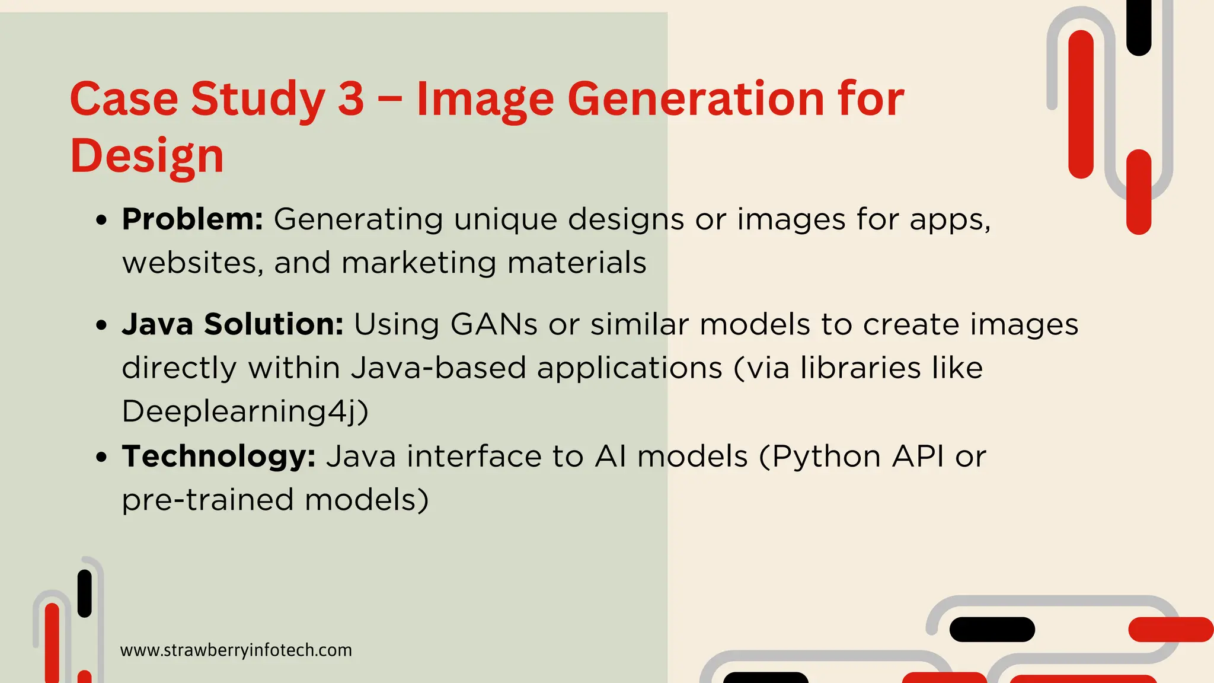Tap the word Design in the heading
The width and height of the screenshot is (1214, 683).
pos(147,155)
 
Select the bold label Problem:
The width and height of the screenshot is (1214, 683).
pos(193,219)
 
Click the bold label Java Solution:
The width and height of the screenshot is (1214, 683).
pos(232,324)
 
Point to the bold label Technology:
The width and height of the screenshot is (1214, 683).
pos(219,457)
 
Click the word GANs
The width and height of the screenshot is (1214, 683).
pos(494,324)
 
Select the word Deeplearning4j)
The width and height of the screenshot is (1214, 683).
pos(245,411)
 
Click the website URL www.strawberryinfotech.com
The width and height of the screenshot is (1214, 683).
pos(236,650)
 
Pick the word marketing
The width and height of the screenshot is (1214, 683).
pos(418,263)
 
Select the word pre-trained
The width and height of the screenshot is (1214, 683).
pos(207,500)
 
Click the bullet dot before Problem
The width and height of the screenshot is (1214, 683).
pos(102,220)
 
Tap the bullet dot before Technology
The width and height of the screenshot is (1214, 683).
pos(102,457)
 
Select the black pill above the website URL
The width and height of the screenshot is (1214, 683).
pos(85,593)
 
